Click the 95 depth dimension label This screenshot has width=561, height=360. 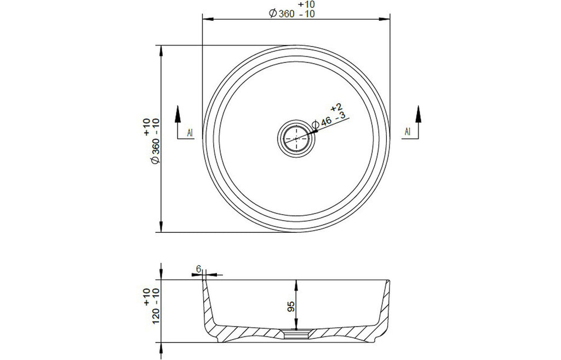[291, 306]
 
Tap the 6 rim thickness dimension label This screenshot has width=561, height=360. [199, 268]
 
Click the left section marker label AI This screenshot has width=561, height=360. [190, 133]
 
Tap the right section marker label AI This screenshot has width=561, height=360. [408, 132]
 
